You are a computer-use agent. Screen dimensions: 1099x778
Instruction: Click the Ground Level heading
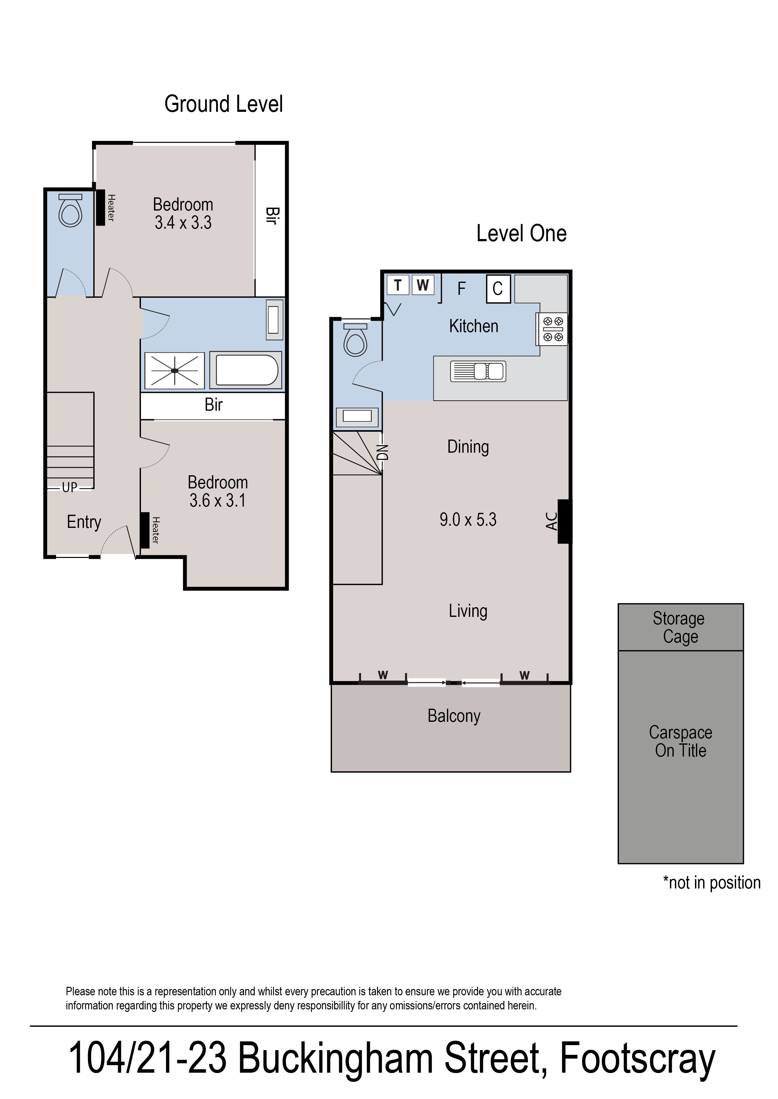point(223,104)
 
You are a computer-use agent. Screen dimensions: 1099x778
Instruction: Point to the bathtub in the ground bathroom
point(246,370)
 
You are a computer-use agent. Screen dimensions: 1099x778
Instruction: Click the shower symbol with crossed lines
point(175,370)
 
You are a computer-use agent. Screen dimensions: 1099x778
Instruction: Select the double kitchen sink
point(478,371)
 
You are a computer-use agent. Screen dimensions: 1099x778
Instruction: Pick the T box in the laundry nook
point(398,285)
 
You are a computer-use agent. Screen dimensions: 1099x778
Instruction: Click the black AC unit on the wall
point(564,521)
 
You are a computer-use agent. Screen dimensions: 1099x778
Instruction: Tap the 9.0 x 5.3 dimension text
point(468,520)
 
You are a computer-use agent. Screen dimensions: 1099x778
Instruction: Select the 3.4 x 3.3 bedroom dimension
point(183,223)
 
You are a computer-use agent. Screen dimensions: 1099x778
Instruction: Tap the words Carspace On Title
point(680,741)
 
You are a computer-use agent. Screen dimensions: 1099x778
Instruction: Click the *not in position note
point(711,883)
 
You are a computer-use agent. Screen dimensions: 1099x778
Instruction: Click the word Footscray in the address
point(637,1060)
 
